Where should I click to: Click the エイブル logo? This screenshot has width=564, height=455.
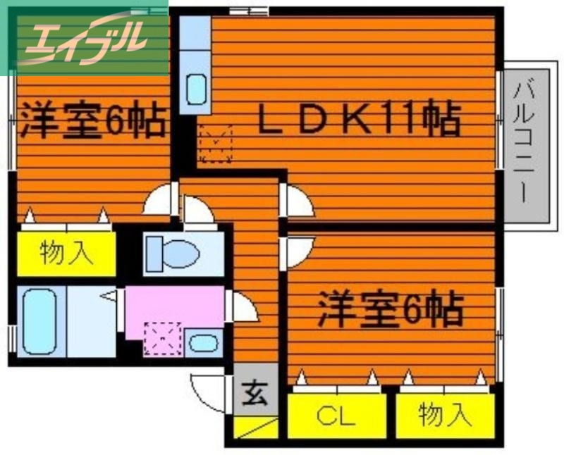(x=85, y=37)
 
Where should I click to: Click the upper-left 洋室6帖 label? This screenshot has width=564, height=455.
(x=92, y=120)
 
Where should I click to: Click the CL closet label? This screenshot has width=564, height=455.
(x=336, y=418)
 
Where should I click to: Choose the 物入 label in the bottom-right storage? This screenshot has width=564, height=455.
(x=444, y=416)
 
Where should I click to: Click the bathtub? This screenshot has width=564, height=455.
(x=39, y=321)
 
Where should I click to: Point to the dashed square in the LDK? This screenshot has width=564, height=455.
(x=216, y=144)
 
